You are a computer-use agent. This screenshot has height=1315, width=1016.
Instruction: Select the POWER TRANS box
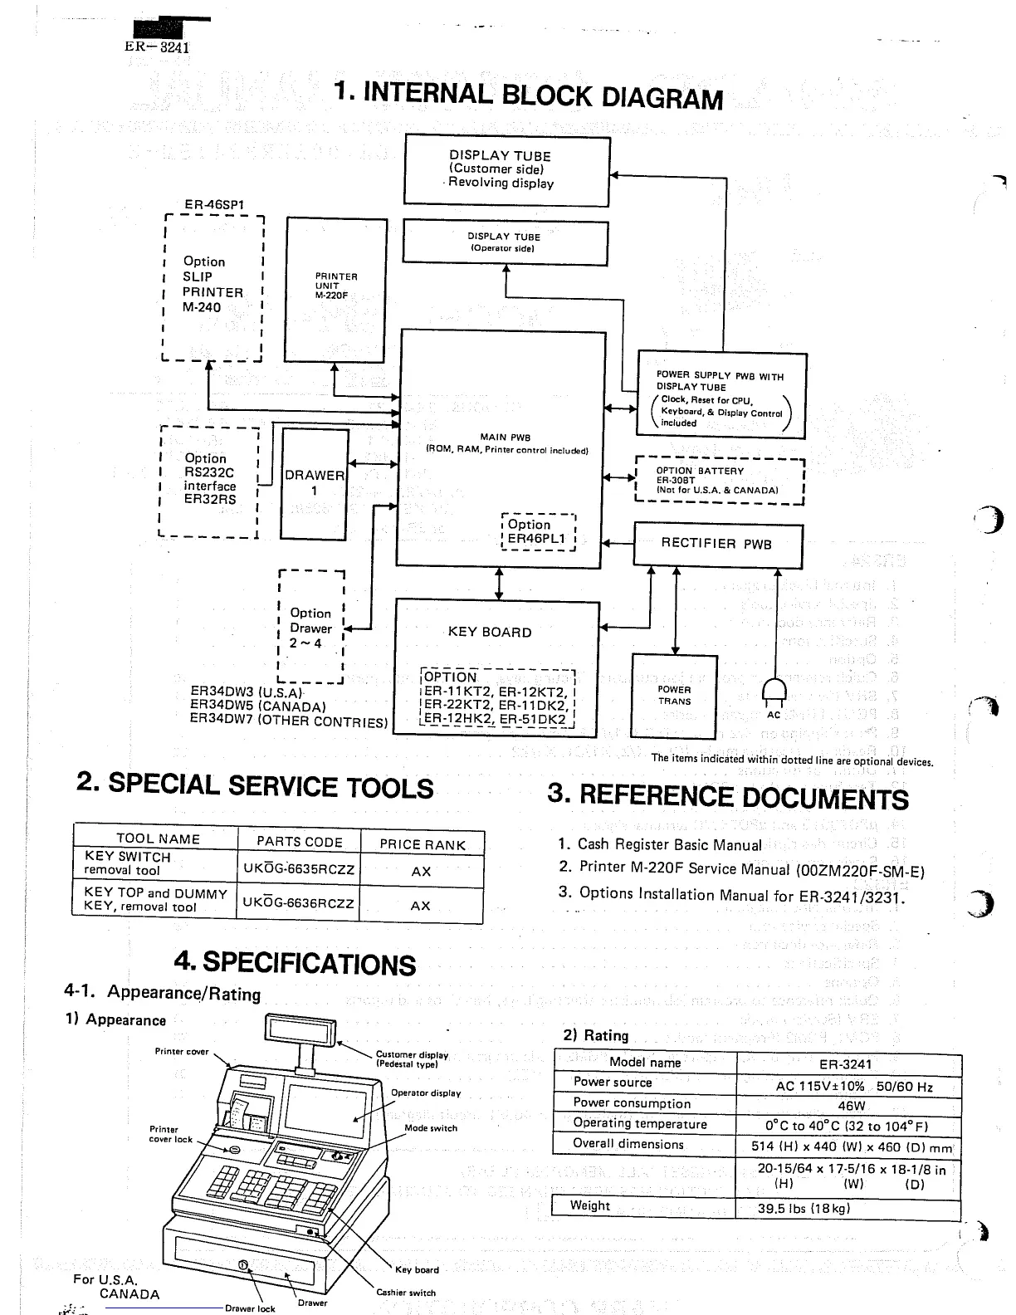674,696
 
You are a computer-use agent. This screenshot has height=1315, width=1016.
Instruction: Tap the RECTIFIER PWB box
718,545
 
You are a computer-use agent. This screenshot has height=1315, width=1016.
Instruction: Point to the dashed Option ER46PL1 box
538,531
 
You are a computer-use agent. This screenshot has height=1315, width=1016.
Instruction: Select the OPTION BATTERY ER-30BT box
720,480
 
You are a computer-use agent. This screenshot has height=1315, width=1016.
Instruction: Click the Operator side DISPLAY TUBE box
505,242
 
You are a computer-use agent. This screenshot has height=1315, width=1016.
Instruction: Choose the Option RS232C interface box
209,482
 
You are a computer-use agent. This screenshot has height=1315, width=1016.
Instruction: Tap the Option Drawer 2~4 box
310,627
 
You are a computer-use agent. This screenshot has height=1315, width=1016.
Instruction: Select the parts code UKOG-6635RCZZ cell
299,870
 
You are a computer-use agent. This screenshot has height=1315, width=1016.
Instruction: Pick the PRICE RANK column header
423,843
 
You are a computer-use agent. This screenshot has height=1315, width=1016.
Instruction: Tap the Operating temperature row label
640,1124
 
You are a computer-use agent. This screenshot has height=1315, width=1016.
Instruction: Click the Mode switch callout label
431,1128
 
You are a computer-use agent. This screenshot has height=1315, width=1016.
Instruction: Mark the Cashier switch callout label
406,1293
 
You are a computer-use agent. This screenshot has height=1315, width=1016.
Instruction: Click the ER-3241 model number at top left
157,46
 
